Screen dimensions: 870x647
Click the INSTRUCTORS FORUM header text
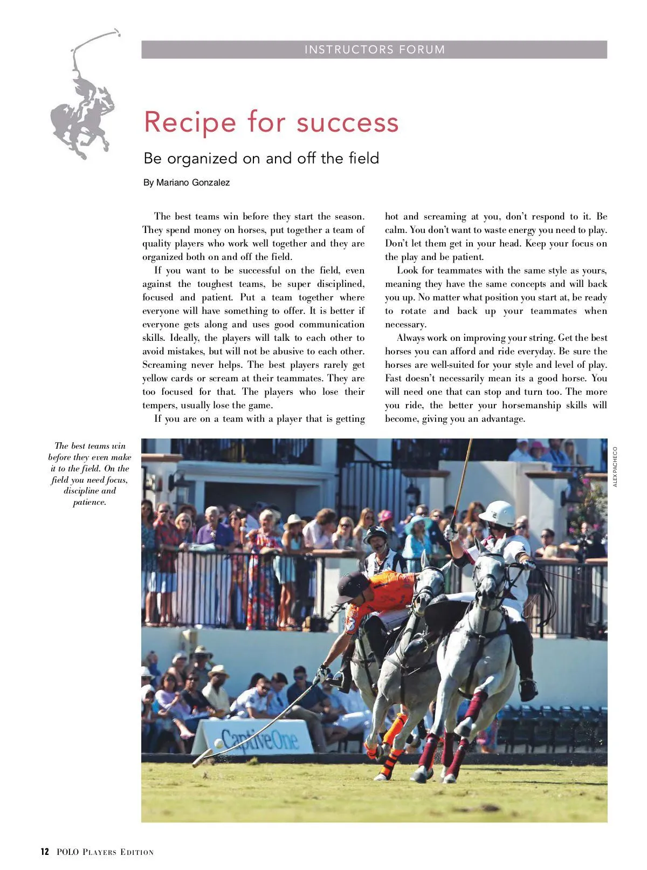pos(374,50)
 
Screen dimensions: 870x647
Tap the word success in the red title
pos(347,122)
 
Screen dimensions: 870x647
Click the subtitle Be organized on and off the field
pos(261,158)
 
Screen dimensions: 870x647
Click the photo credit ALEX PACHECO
pos(615,467)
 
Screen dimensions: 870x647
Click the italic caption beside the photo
pos(90,474)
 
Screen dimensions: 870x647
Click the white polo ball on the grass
pos(219,743)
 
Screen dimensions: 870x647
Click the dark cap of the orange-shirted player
pos(351,586)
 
